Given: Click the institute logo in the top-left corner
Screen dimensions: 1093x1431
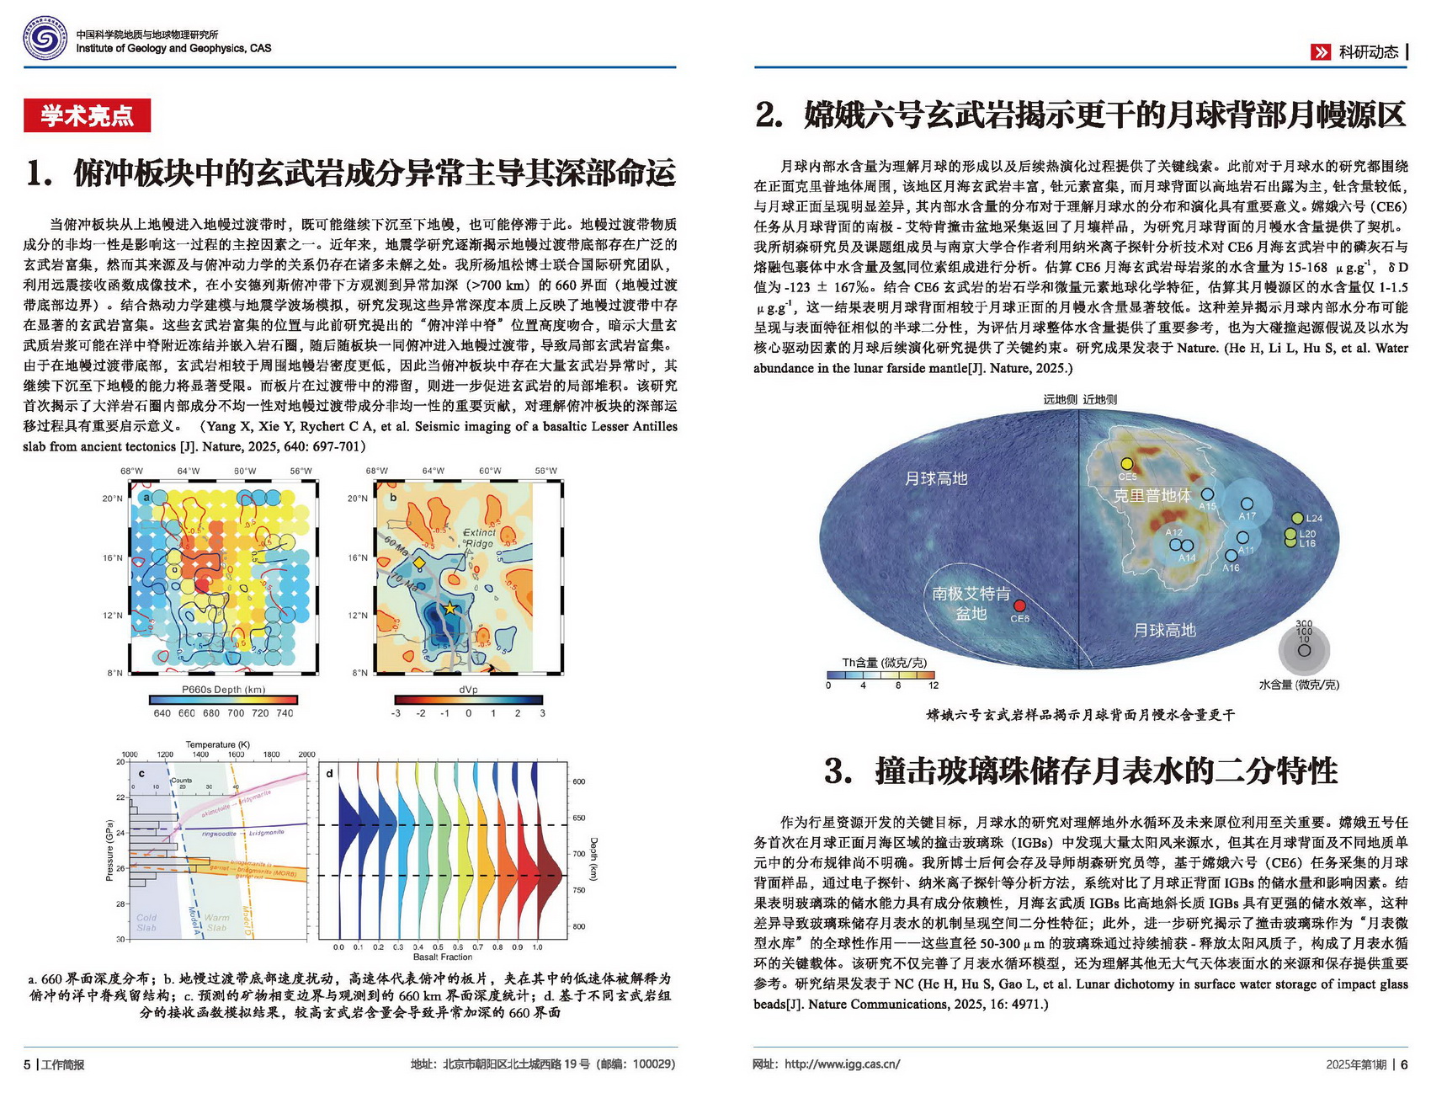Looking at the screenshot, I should [45, 40].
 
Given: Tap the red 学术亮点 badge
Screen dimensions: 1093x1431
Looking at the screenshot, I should [87, 115].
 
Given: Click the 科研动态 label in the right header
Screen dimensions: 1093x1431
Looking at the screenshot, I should [1368, 52].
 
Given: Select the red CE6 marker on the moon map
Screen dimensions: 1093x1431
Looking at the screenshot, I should [1019, 605].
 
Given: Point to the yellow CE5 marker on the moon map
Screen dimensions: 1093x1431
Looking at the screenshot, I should [1127, 464].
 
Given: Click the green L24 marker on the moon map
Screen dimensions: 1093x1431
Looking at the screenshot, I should [1297, 518].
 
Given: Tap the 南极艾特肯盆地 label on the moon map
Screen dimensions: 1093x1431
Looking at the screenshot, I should [971, 603].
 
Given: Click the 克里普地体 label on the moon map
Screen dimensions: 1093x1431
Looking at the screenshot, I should [1152, 495].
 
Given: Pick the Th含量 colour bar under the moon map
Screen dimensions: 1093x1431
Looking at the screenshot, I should [880, 674].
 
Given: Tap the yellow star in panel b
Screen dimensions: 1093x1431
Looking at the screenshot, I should [450, 608].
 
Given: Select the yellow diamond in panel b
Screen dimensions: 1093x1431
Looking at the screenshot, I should [418, 562].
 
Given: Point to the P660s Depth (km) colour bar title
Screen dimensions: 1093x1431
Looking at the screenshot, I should [223, 689].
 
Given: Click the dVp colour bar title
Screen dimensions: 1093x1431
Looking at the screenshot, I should [468, 689].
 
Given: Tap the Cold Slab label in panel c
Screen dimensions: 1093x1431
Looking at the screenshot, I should [146, 922].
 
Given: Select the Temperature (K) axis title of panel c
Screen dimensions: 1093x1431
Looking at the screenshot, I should [217, 744].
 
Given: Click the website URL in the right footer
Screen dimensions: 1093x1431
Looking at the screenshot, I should [842, 1064].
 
